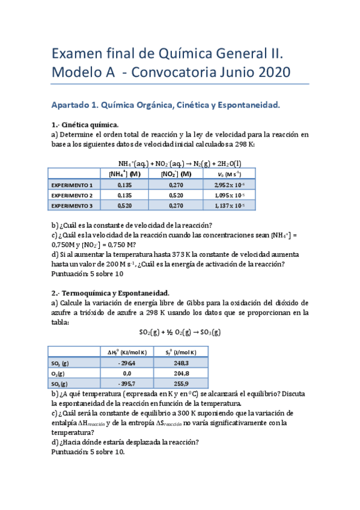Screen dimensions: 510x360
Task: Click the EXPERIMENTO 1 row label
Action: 73,185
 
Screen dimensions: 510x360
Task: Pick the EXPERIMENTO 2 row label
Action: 73,195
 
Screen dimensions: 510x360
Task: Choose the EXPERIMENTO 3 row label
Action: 73,206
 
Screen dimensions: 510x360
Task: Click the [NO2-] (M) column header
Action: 177,174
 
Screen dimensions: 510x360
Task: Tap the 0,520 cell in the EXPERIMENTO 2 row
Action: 177,195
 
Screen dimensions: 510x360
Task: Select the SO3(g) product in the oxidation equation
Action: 209,332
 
